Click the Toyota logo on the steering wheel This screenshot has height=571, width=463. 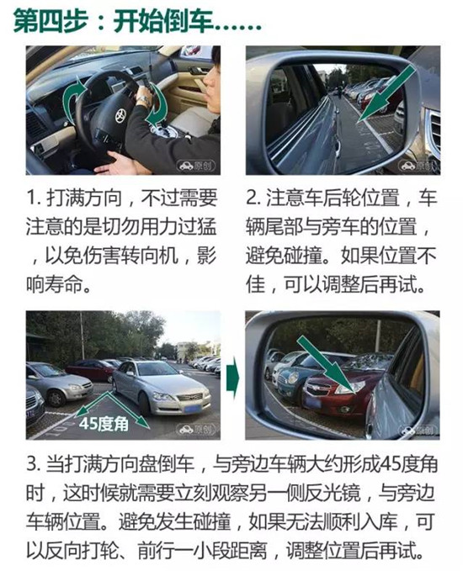[120, 116]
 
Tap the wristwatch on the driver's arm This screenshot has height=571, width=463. [144, 100]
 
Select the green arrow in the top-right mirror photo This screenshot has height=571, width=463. [387, 93]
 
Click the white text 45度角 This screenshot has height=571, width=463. [104, 423]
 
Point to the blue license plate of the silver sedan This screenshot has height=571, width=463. [190, 409]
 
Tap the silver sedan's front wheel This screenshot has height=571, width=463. [143, 404]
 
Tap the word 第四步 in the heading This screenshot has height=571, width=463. [51, 21]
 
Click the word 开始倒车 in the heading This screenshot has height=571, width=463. [163, 21]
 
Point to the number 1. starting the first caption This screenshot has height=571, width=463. [33, 198]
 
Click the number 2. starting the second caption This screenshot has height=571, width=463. [253, 198]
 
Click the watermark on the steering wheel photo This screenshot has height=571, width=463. [196, 166]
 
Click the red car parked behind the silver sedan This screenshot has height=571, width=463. [89, 370]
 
